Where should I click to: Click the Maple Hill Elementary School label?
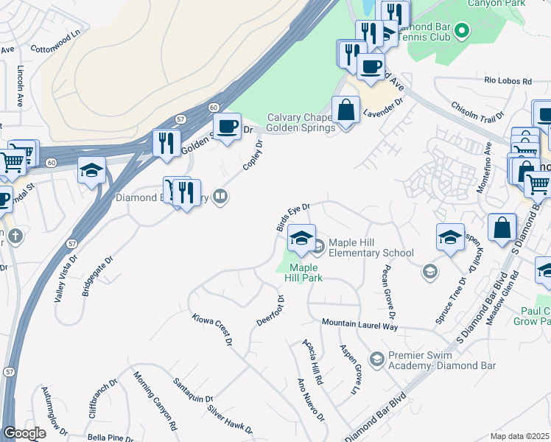tap(371, 248)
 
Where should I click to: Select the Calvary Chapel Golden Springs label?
tap(300, 122)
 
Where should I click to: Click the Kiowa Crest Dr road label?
tap(212, 330)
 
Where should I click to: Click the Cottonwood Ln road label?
tap(56, 42)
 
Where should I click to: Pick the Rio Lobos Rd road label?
tap(508, 80)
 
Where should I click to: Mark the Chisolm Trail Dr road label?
tap(477, 111)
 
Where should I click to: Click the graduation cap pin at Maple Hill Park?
tap(301, 238)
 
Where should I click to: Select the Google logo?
tap(25, 433)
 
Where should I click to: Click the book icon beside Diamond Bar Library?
tap(220, 196)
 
